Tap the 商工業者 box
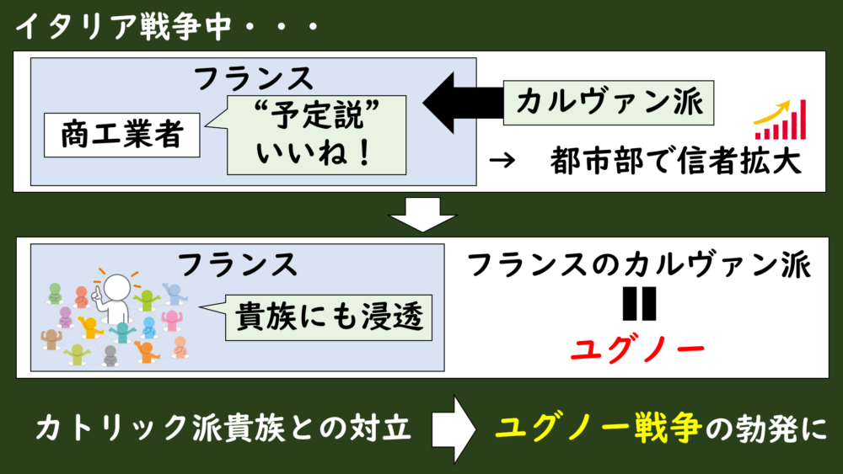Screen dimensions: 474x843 [x=121, y=136]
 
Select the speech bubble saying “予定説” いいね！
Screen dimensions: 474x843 [x=314, y=134]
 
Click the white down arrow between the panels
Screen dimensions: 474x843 [x=421, y=216]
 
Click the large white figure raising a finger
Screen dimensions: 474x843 [x=115, y=296]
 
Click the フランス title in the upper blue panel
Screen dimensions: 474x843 [x=254, y=78]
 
